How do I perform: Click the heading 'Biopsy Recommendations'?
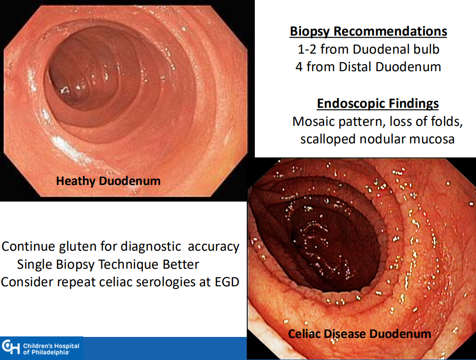pyautogui.click(x=368, y=32)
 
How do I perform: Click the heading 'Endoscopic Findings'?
pyautogui.click(x=378, y=103)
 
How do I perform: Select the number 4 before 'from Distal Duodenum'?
pyautogui.click(x=299, y=67)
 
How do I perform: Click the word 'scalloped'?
pyautogui.click(x=328, y=139)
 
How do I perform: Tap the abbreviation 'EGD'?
pyautogui.click(x=227, y=282)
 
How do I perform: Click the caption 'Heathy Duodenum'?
pyautogui.click(x=108, y=181)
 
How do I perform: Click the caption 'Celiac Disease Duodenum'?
pyautogui.click(x=360, y=333)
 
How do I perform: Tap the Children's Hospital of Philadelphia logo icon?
pyautogui.click(x=11, y=348)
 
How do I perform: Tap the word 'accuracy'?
pyautogui.click(x=214, y=247)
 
